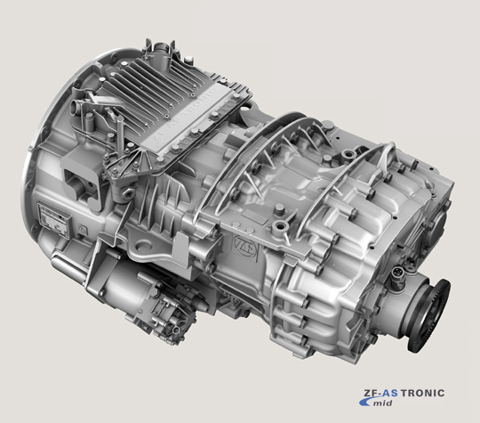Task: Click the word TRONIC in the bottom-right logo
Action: (x=422, y=393)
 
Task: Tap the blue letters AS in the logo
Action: (x=390, y=393)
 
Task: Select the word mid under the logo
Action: (x=382, y=403)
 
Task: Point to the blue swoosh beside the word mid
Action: (x=366, y=402)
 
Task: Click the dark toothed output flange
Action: (x=428, y=315)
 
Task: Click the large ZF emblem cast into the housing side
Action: (x=245, y=246)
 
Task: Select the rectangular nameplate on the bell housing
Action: (x=55, y=219)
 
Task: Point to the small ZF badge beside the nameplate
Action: (x=82, y=229)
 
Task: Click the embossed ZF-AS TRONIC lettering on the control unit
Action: (x=184, y=116)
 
